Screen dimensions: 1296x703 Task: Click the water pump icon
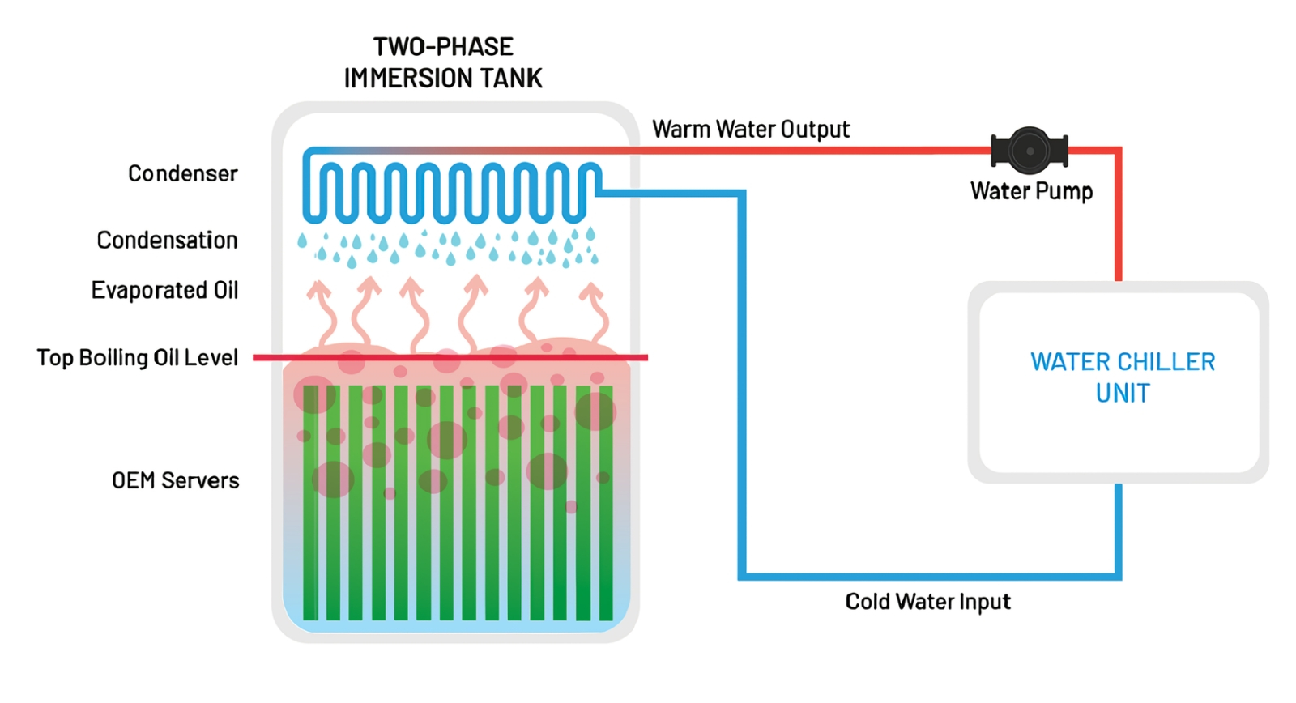[x=1030, y=151]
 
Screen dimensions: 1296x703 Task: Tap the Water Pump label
[x=1032, y=191]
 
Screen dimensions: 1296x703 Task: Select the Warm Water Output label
[x=751, y=130]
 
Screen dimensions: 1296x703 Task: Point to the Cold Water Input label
[x=928, y=602]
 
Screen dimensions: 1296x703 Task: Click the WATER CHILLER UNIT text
[x=1123, y=377]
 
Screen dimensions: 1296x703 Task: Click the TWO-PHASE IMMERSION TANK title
[x=443, y=62]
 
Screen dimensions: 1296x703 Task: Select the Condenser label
[x=183, y=173]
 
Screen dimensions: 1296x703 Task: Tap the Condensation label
[x=167, y=240]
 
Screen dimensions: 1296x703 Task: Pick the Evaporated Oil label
[x=165, y=291]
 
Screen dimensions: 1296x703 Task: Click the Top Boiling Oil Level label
[x=137, y=358]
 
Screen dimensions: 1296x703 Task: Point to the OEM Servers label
[x=175, y=481]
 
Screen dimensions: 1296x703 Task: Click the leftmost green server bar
[x=311, y=502]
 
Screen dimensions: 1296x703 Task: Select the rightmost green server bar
[x=606, y=502]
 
